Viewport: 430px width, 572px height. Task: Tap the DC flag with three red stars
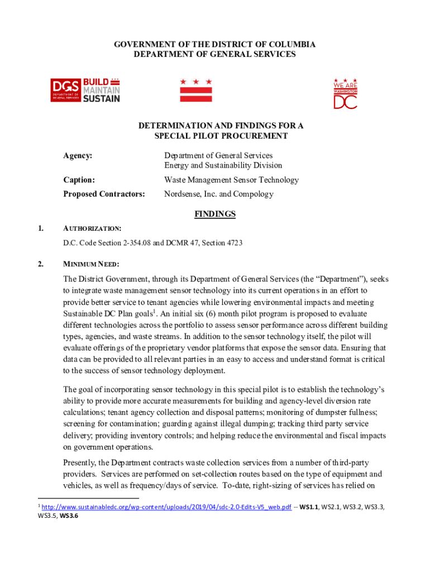tap(195, 90)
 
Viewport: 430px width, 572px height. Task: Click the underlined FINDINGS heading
tap(214, 214)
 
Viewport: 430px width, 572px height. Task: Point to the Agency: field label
tap(78, 155)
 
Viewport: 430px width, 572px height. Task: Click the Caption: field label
tap(79, 180)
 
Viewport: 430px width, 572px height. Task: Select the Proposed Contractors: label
tap(104, 194)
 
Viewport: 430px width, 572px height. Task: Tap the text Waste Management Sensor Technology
tap(231, 180)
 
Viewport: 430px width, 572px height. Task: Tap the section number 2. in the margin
tap(40, 264)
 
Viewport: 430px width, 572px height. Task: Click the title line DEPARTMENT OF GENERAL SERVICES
tap(215, 54)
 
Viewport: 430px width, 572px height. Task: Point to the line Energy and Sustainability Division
tap(223, 165)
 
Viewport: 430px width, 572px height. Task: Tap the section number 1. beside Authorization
tap(40, 228)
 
